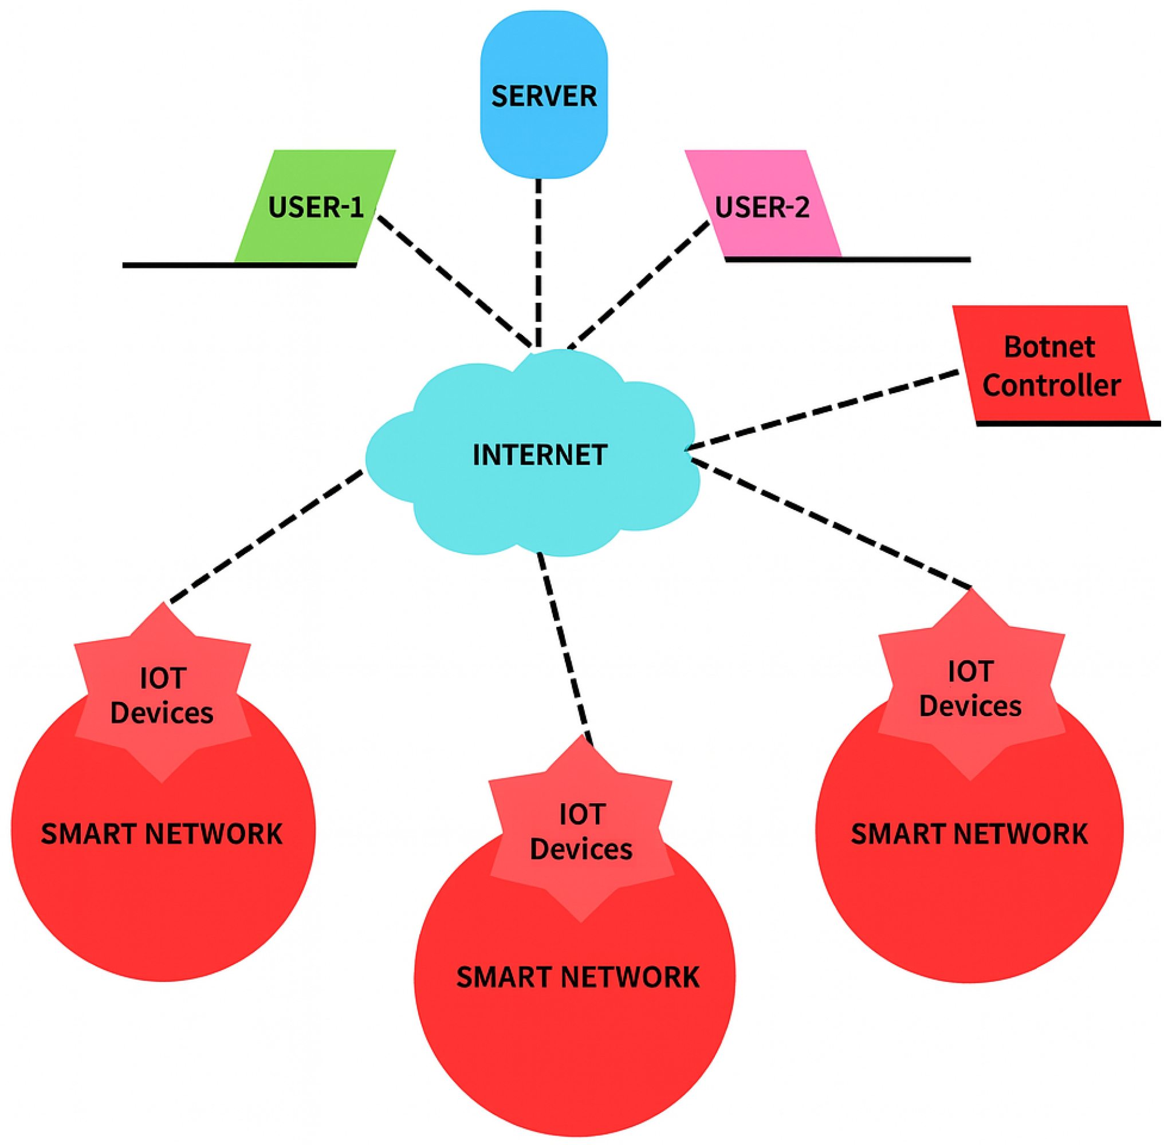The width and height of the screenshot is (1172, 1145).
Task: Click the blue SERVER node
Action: point(543,94)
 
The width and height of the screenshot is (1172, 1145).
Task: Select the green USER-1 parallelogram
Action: point(315,206)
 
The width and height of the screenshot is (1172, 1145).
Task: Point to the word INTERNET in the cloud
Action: point(540,455)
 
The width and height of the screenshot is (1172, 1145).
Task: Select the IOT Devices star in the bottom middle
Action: point(581,832)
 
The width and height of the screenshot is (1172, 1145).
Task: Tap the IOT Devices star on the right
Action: point(970,689)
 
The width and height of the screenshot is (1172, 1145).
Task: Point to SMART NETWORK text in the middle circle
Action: point(577,977)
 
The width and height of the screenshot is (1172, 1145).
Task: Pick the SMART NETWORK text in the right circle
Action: point(969,834)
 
